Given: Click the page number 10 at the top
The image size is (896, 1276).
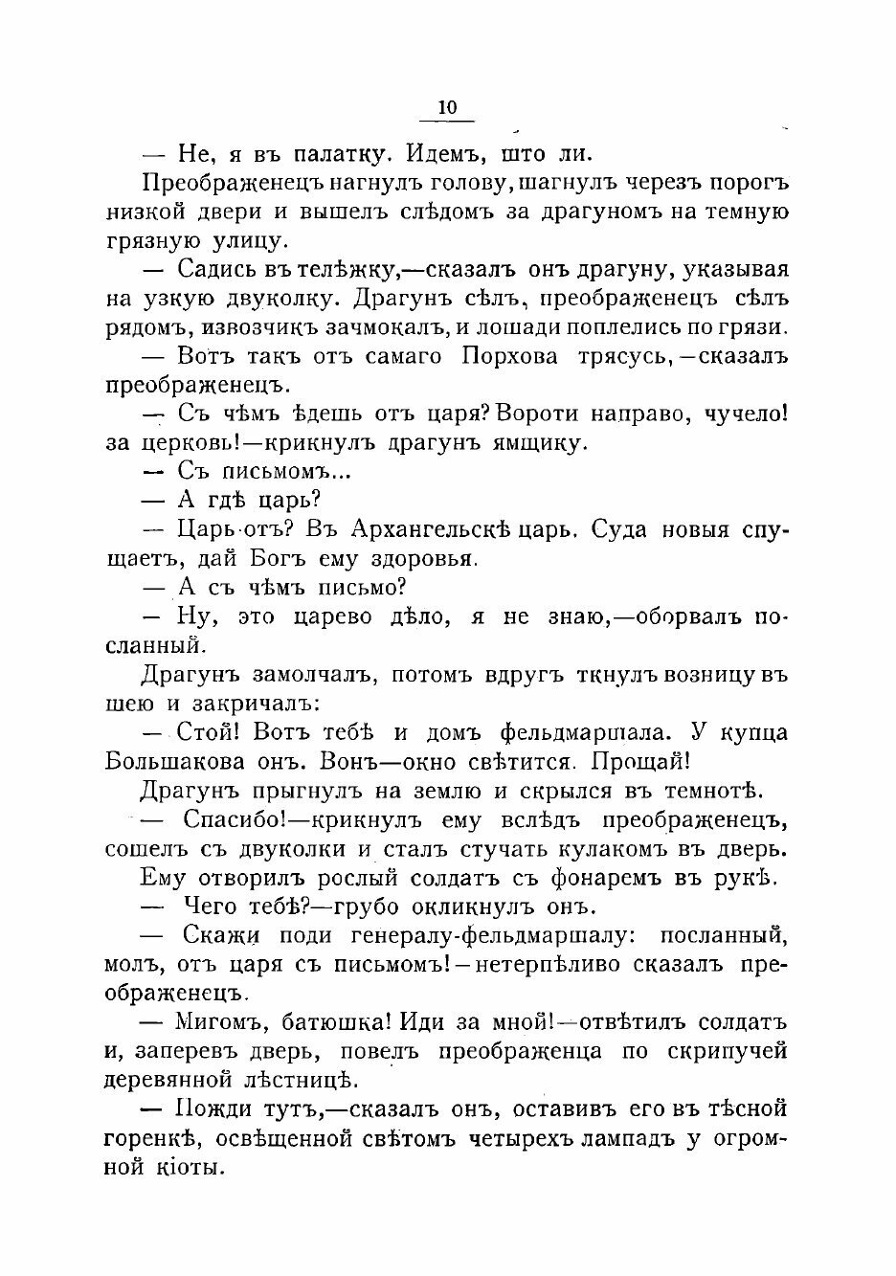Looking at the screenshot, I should [447, 107].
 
